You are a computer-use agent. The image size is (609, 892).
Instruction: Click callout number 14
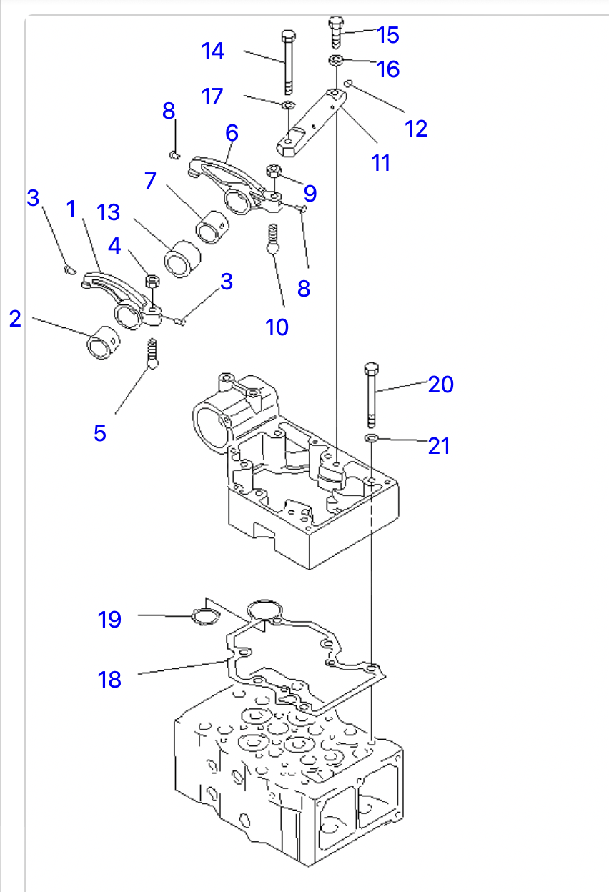click(213, 51)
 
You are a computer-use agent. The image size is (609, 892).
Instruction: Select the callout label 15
click(387, 35)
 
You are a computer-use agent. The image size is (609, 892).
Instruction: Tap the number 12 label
click(416, 129)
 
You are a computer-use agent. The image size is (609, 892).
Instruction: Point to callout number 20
click(440, 385)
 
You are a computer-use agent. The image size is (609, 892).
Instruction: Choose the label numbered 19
click(109, 620)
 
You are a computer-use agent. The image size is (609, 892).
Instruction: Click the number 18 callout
click(109, 679)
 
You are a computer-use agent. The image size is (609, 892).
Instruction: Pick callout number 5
click(100, 433)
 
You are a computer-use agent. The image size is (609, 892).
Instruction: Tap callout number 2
click(15, 319)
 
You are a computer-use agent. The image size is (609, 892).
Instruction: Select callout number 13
click(108, 212)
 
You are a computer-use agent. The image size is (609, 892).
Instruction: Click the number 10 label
click(277, 327)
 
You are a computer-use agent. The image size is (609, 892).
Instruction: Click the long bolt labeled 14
click(288, 62)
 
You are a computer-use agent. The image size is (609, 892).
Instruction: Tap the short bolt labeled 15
click(336, 32)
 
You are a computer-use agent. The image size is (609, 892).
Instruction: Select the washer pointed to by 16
click(336, 60)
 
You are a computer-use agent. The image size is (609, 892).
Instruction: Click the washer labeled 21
click(371, 438)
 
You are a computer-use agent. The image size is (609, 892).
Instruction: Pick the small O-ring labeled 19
click(206, 616)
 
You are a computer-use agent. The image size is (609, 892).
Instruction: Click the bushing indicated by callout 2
click(104, 343)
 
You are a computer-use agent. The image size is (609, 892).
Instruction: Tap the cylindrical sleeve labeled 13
click(182, 259)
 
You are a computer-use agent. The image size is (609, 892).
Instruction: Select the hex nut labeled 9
click(274, 171)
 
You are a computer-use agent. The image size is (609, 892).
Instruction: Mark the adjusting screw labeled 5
click(152, 354)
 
